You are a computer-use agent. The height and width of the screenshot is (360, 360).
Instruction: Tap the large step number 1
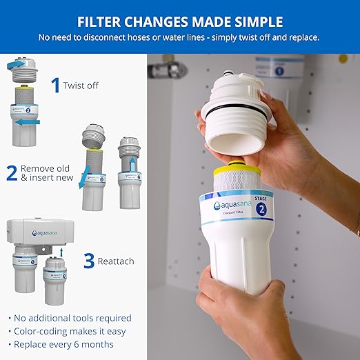(x=55, y=85)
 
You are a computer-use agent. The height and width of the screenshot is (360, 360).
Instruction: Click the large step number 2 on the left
(x=12, y=172)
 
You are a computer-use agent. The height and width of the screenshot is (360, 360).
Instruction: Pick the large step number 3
(x=88, y=261)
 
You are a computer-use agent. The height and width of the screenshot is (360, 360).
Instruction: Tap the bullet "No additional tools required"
(x=71, y=318)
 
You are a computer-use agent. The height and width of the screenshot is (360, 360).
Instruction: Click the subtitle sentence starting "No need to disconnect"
(x=179, y=37)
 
